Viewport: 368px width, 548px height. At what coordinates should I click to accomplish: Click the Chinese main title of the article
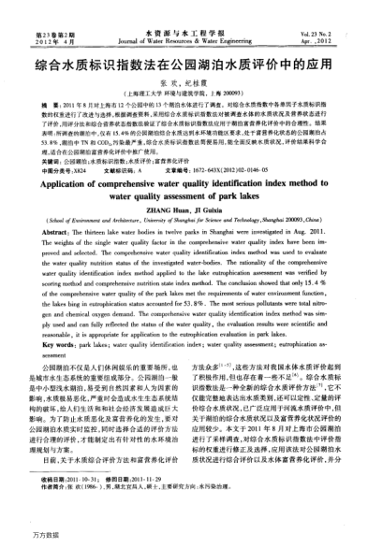point(184,67)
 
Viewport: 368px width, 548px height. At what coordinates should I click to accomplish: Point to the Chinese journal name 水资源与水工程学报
point(184,31)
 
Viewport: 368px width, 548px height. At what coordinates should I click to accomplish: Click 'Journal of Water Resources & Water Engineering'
point(184,40)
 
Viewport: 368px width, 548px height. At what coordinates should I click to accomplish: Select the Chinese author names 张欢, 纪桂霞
point(184,86)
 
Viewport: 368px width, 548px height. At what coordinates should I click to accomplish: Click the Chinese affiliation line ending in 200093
point(184,96)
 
